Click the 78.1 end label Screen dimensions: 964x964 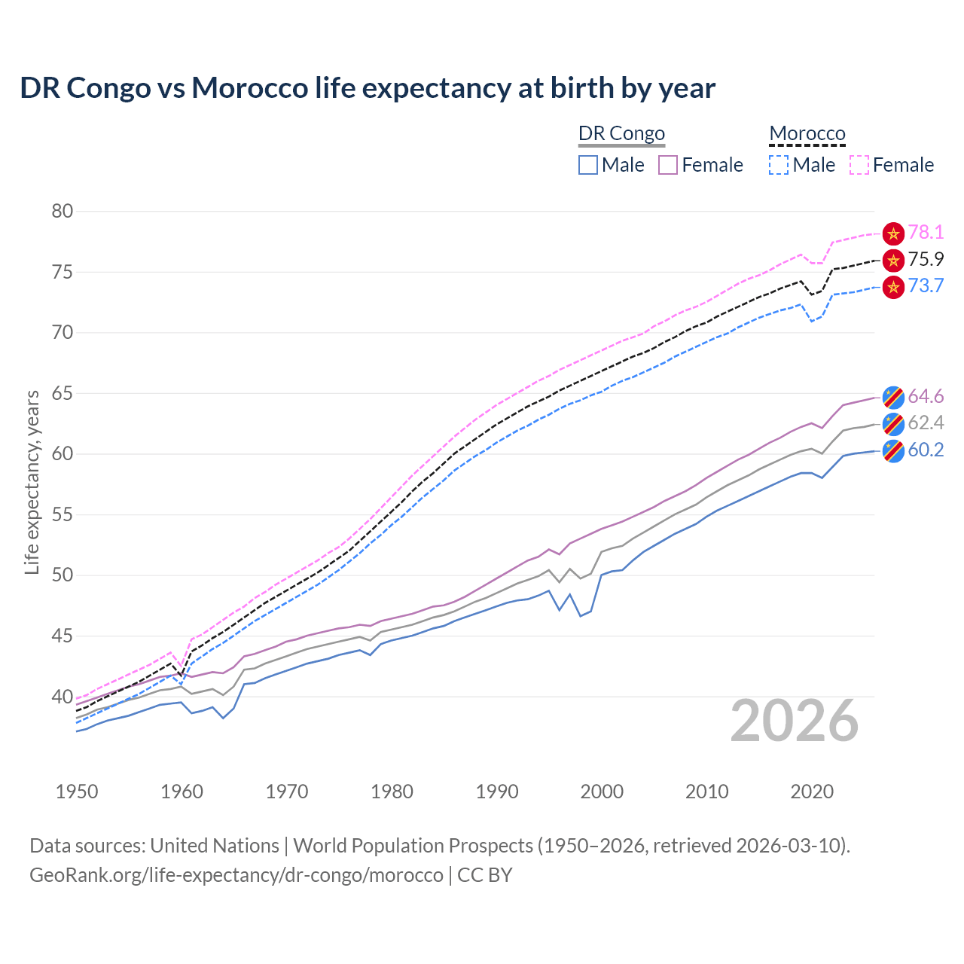pyautogui.click(x=926, y=233)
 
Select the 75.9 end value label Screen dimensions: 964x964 pyautogui.click(x=926, y=260)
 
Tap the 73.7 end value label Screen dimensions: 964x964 pyautogui.click(x=926, y=286)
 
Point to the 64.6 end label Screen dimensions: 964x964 pyautogui.click(x=926, y=396)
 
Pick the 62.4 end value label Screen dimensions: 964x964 pyautogui.click(x=926, y=423)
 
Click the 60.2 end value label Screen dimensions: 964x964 pyautogui.click(x=926, y=450)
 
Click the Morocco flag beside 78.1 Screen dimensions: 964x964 pyautogui.click(x=893, y=233)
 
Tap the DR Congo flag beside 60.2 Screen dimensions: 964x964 pyautogui.click(x=893, y=451)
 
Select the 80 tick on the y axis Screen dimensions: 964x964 pyautogui.click(x=63, y=212)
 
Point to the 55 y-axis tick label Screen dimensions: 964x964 pyautogui.click(x=63, y=515)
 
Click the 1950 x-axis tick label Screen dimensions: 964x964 pyautogui.click(x=77, y=792)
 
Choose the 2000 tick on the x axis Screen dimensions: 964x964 pyautogui.click(x=602, y=792)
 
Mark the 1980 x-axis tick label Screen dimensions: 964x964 pyautogui.click(x=392, y=792)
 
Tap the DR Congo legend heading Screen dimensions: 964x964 pyautogui.click(x=621, y=134)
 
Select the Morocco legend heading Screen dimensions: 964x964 pyautogui.click(x=807, y=134)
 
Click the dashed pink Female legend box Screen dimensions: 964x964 pyautogui.click(x=859, y=165)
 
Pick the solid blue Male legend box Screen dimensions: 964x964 pyautogui.click(x=588, y=165)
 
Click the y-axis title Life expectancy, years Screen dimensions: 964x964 pyautogui.click(x=32, y=482)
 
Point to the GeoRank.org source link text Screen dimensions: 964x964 pyautogui.click(x=236, y=875)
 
